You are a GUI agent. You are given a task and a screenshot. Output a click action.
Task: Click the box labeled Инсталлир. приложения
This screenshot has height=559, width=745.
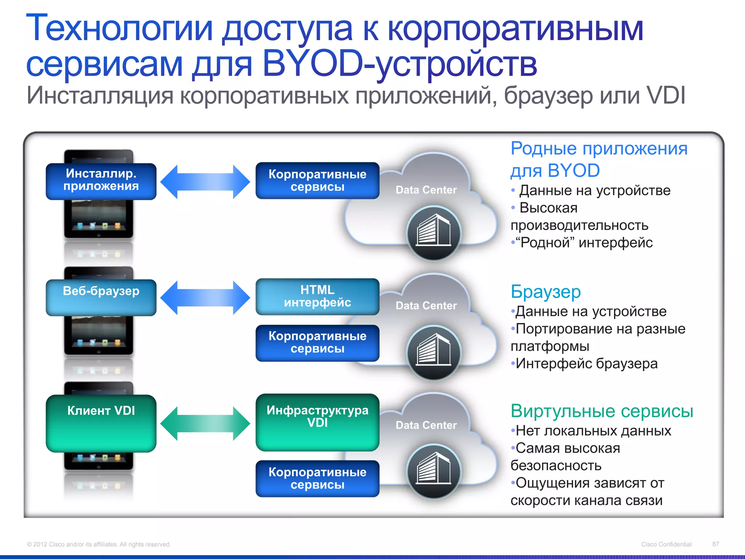click(x=101, y=181)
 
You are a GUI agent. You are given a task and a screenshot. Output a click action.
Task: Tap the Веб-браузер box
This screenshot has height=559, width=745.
click(x=101, y=297)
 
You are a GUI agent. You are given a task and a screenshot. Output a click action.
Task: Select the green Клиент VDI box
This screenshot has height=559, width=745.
click(x=101, y=423)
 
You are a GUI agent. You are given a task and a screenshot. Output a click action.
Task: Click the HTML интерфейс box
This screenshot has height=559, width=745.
click(x=317, y=297)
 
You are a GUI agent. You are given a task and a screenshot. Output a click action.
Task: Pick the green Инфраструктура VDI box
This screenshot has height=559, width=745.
click(x=317, y=422)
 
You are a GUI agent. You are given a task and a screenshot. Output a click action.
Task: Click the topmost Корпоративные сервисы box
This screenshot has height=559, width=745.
click(x=317, y=181)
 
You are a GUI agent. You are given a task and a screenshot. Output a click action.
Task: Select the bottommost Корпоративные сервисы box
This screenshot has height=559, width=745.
click(x=317, y=479)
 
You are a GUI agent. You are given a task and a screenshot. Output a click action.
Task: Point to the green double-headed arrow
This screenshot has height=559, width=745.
click(x=205, y=423)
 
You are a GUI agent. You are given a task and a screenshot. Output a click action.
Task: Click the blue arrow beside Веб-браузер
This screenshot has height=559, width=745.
click(x=205, y=297)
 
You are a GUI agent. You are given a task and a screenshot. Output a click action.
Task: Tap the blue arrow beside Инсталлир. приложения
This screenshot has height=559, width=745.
click(x=205, y=182)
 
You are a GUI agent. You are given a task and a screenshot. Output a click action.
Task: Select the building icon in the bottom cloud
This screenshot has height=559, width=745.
click(x=434, y=471)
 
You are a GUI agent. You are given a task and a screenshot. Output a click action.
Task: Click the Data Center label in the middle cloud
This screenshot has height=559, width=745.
click(x=426, y=306)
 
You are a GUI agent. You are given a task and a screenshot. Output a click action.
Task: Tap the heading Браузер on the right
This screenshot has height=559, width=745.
click(x=546, y=292)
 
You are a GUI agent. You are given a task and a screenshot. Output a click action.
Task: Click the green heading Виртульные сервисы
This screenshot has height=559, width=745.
click(x=602, y=411)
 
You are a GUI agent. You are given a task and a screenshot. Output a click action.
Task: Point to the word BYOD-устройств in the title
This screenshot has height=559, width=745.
click(x=399, y=65)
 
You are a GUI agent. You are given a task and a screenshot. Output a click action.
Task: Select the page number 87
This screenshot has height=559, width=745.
click(x=716, y=544)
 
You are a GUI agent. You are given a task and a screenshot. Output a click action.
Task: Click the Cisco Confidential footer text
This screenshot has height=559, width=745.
click(x=666, y=544)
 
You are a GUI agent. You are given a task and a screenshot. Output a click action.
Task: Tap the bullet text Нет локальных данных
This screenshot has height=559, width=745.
click(x=593, y=431)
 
